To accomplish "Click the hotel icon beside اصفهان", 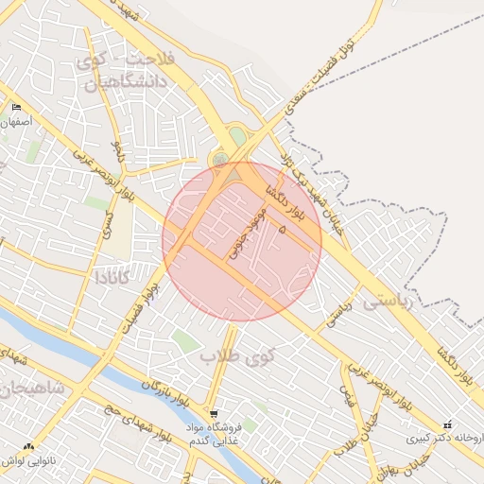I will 16,108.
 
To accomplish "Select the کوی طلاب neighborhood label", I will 237,355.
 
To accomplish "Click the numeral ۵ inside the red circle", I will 280,228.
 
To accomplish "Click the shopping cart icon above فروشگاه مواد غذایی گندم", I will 215,414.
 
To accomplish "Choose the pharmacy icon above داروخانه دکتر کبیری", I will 447,425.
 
